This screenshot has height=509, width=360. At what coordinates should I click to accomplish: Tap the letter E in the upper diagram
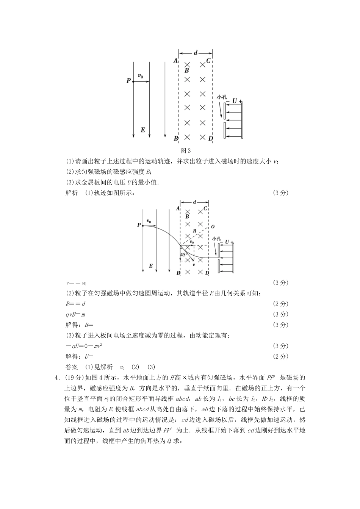point(142,130)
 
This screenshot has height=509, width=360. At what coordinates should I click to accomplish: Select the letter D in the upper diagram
point(211,139)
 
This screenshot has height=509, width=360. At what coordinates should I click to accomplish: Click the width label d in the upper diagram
point(196,53)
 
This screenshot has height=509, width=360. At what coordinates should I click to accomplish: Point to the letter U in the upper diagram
point(235,101)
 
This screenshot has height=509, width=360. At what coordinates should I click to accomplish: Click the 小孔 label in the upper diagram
point(222,97)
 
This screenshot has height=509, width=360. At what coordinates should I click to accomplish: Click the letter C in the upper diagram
point(208,61)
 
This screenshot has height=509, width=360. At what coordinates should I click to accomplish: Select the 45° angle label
point(184,255)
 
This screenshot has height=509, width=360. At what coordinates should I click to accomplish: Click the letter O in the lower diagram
point(213,226)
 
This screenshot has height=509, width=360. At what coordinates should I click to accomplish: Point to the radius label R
point(194,231)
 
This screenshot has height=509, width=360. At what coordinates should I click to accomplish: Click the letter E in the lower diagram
point(150,266)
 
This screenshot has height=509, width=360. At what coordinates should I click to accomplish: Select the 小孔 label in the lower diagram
point(216,239)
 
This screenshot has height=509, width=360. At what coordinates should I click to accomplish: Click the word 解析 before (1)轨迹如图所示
point(72,193)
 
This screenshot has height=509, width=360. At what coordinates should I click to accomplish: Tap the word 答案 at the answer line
point(72,367)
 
